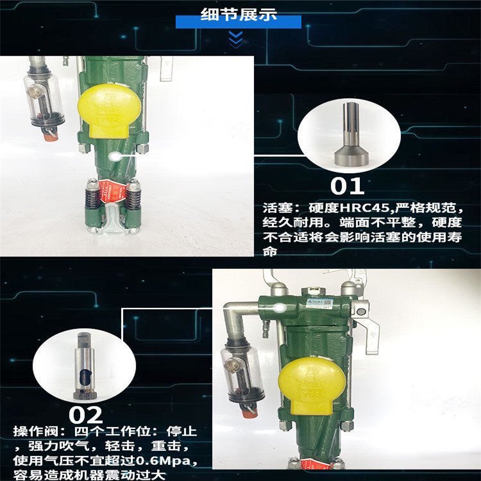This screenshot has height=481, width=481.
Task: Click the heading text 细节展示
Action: [239, 14]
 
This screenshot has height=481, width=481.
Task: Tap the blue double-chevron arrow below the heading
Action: [236, 40]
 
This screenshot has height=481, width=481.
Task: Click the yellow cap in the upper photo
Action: [109, 110]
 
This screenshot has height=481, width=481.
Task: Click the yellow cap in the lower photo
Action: [312, 385]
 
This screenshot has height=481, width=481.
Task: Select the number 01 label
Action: [347, 186]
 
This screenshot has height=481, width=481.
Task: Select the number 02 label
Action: [85, 415]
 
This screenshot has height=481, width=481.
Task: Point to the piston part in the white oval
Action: [350, 134]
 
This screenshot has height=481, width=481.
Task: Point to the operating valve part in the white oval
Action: [85, 366]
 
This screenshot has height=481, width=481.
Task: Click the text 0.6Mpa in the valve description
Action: [163, 460]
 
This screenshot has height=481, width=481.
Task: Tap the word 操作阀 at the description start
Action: [35, 432]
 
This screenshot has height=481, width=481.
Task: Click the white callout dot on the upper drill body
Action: [115, 156]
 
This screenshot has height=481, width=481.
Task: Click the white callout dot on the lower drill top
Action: [280, 308]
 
